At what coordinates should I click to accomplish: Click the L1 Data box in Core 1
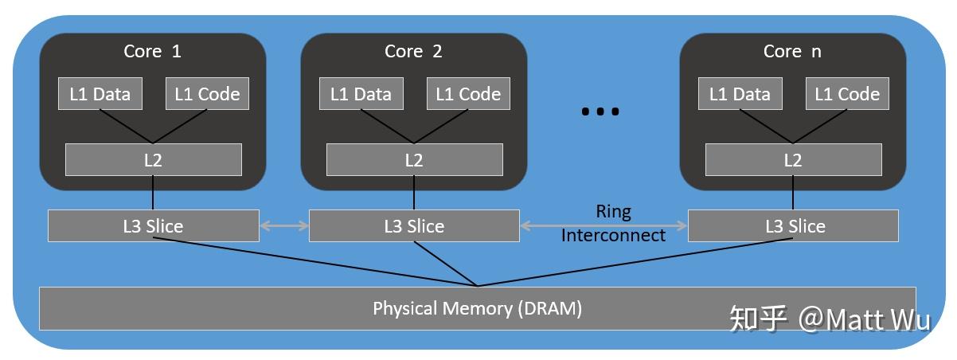pos(100,94)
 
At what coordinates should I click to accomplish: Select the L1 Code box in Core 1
pos(207,94)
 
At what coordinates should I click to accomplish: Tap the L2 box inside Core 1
pos(153,159)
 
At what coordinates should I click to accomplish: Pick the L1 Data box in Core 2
pos(361,94)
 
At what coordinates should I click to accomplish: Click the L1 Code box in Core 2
pos(468,94)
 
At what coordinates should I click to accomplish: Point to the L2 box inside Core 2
pos(414,159)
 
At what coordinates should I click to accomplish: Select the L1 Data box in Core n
pos(740,94)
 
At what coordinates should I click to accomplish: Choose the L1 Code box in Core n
pos(847,94)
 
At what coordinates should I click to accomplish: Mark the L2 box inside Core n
pos(793,159)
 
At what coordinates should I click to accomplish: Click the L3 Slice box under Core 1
pos(153,225)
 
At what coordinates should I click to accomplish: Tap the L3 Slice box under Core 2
pos(414,225)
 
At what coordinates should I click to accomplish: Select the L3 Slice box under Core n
pos(793,225)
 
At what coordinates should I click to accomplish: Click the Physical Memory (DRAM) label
pos(478,308)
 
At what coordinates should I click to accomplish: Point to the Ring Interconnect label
pos(613,223)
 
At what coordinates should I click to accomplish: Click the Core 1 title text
pos(152,52)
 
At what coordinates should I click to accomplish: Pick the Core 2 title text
pos(413,52)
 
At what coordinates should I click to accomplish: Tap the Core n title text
pos(792,52)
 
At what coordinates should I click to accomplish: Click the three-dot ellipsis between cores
pos(600,112)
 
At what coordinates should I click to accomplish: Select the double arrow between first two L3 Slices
pos(284,226)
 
